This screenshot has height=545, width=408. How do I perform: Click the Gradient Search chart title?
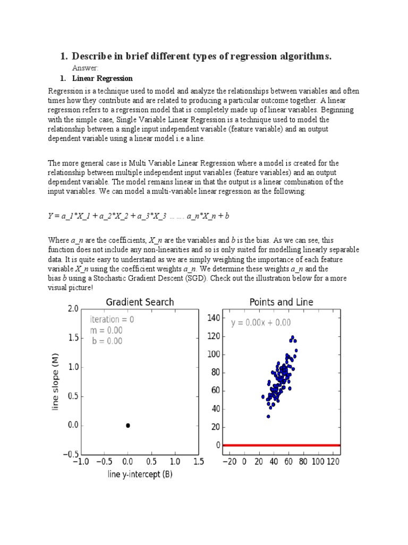click(x=140, y=302)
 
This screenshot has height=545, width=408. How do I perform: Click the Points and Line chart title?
click(x=281, y=302)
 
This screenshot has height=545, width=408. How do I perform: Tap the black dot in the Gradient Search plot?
click(x=128, y=425)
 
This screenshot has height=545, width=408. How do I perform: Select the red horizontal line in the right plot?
click(x=282, y=445)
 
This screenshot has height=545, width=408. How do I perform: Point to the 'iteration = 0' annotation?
click(x=112, y=319)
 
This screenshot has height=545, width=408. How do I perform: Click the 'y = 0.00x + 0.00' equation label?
click(x=260, y=323)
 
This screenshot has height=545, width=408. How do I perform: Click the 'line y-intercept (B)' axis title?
click(x=139, y=474)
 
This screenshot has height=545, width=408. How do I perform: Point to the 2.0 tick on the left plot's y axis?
click(x=73, y=309)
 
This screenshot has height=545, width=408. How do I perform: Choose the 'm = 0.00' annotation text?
click(x=106, y=330)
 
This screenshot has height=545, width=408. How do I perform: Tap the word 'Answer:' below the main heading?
click(x=85, y=68)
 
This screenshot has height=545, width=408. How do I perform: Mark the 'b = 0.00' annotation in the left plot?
click(x=107, y=341)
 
